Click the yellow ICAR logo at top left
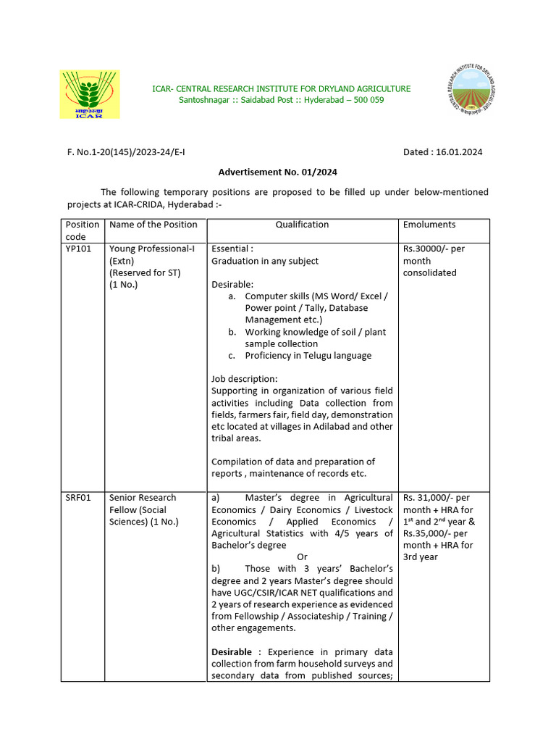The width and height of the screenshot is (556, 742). point(90,94)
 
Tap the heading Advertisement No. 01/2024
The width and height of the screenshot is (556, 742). point(277,172)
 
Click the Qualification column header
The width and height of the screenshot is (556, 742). point(302,225)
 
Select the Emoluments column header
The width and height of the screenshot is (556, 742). point(429,225)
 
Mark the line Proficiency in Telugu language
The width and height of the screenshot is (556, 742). point(308,356)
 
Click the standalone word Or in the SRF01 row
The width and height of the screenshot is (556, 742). point(303,556)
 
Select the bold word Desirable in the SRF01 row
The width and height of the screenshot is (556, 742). point(234,651)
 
